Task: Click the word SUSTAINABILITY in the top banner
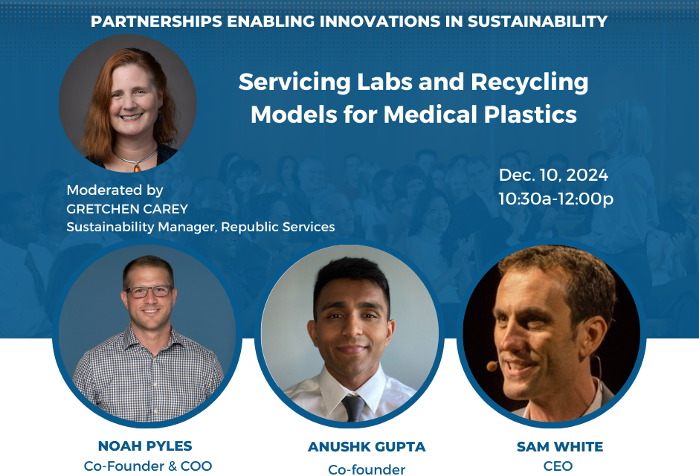537,21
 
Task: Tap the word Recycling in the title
529,83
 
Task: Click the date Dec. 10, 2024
553,176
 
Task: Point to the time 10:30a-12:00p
555,199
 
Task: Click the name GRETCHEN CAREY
127,208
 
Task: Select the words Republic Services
277,227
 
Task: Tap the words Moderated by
115,190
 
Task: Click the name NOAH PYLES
145,446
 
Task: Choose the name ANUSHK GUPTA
367,446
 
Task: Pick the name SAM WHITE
559,446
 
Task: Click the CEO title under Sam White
558,466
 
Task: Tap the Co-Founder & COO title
147,466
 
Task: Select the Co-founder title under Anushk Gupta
367,470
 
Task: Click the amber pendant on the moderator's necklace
138,167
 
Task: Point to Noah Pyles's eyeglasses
149,292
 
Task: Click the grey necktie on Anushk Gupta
353,408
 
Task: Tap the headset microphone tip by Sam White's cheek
492,366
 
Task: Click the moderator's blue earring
160,117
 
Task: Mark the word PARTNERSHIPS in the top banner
156,21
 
